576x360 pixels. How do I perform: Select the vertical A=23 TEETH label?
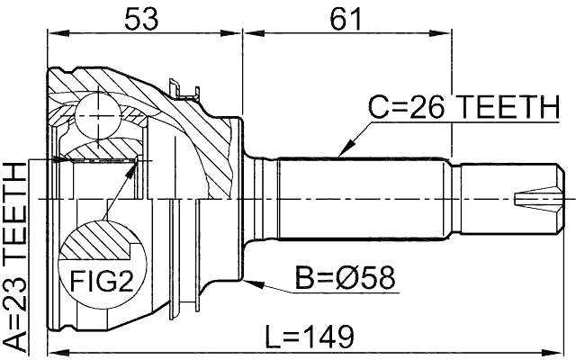click(15, 256)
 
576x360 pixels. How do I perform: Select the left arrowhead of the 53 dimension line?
click(52, 35)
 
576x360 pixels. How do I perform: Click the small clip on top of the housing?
click(185, 87)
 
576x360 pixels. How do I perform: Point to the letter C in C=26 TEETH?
click(377, 109)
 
